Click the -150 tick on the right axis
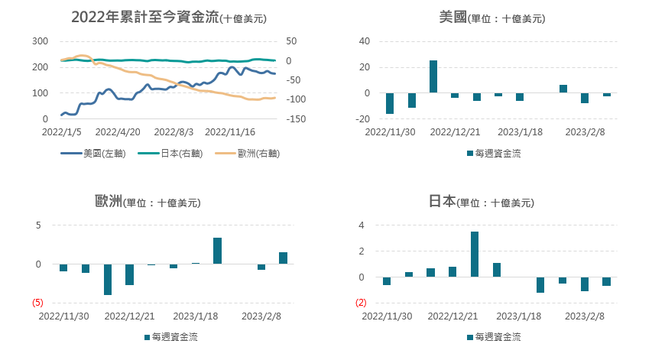(296, 119)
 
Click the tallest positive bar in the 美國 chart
(433, 76)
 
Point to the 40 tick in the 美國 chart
(364, 41)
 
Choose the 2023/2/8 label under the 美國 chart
(585, 131)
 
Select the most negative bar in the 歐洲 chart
(108, 279)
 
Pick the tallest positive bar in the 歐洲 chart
(217, 251)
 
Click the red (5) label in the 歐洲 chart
(37, 303)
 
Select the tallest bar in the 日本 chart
(475, 254)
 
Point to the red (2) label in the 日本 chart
(362, 303)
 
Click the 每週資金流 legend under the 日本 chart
(494, 336)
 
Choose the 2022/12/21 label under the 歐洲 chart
(130, 316)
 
